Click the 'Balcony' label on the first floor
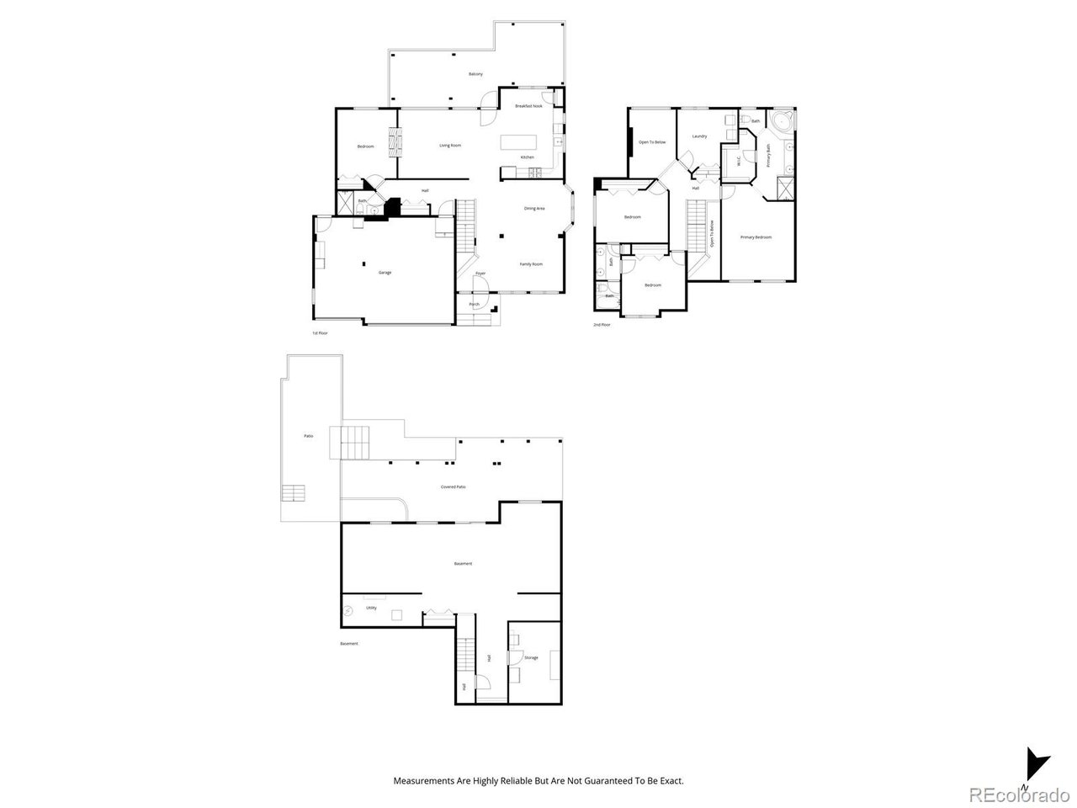click(x=475, y=75)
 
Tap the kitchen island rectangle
click(x=518, y=143)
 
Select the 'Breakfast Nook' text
click(x=528, y=106)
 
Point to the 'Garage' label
click(x=385, y=273)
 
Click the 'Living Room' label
click(x=450, y=146)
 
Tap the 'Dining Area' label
click(x=534, y=209)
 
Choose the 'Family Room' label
click(x=531, y=264)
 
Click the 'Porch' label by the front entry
click(x=475, y=304)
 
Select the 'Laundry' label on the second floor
click(x=699, y=136)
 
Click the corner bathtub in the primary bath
click(x=783, y=123)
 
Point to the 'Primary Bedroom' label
click(x=756, y=237)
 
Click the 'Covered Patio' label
click(x=453, y=487)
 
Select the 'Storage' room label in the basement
click(x=531, y=657)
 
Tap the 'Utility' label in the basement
click(x=371, y=608)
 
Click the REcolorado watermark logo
click(x=1017, y=794)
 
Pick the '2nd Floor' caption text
click(x=602, y=324)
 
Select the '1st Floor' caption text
click(x=320, y=333)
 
